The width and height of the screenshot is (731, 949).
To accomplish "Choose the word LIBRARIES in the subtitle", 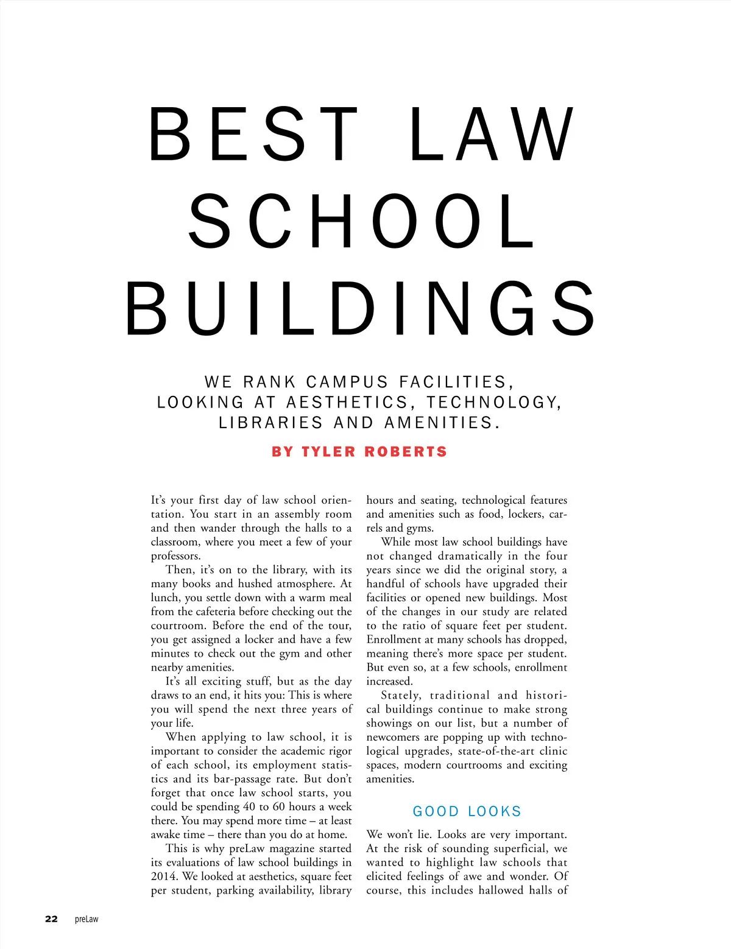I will click(270, 423).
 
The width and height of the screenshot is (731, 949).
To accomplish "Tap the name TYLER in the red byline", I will click(328, 452).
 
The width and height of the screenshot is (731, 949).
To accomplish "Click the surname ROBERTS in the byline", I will click(406, 452).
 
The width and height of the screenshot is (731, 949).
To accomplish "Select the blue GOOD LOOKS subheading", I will click(467, 811).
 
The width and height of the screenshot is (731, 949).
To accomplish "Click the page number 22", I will click(52, 919).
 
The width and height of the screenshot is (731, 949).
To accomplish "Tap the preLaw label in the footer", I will click(87, 919).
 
